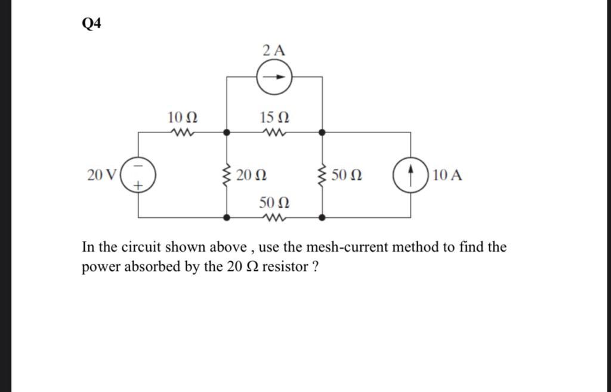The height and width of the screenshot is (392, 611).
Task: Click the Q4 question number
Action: [x=91, y=24]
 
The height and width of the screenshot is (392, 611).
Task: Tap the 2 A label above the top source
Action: [x=274, y=51]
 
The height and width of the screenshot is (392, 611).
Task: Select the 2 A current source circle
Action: [x=275, y=78]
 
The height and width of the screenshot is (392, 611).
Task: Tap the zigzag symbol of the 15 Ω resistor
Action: [x=275, y=132]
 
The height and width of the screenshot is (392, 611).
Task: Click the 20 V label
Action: [x=102, y=175]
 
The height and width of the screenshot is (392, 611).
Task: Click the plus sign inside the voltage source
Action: [x=138, y=187]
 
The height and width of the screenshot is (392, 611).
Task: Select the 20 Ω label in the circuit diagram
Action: [x=251, y=175]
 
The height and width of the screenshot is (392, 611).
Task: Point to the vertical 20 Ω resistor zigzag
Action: [x=227, y=175]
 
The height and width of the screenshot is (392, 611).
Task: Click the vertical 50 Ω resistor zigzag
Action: [x=322, y=175]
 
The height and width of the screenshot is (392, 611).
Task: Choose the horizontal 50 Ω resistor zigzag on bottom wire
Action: [x=274, y=218]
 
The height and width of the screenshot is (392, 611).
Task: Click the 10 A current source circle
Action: [x=411, y=175]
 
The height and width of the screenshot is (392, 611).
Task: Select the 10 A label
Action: [x=448, y=175]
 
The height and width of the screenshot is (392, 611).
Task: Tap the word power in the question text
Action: [x=100, y=267]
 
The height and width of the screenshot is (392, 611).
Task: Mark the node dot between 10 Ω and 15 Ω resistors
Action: [x=227, y=132]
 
